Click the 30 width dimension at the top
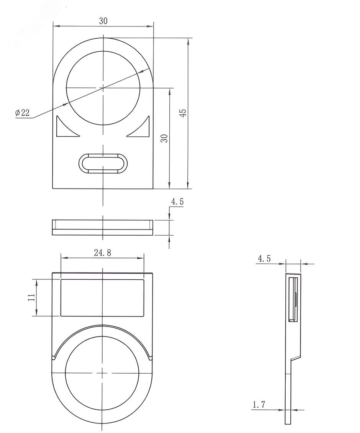click(103, 21)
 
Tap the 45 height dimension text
click(183, 112)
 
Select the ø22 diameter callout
click(22, 113)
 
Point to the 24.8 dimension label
click(102, 253)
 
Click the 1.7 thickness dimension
click(259, 405)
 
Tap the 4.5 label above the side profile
click(264, 259)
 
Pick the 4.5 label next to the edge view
click(177, 202)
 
